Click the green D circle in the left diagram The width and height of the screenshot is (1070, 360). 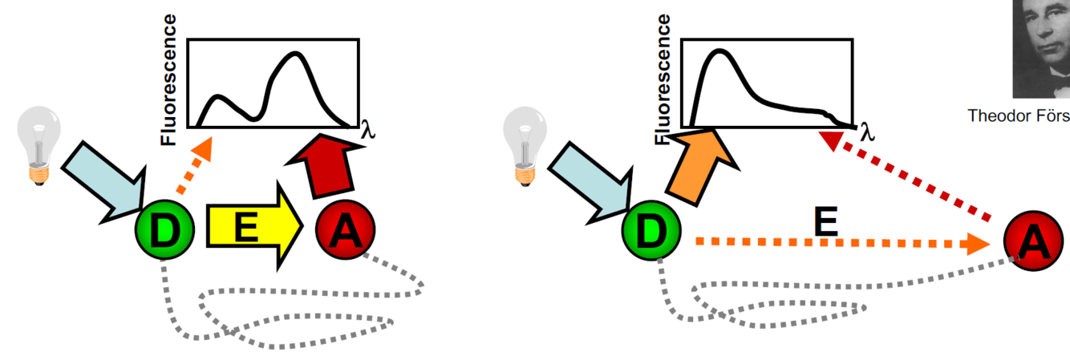[x=164, y=232]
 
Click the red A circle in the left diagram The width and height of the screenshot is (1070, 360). [x=345, y=231]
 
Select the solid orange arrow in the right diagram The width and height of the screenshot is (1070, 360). [x=701, y=164]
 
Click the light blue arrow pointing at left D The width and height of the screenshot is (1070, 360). [x=100, y=178]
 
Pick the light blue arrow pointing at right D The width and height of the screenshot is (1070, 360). [x=588, y=178]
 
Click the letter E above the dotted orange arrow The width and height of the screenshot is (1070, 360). [x=825, y=219]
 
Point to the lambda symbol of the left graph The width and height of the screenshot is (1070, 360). [x=368, y=129]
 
